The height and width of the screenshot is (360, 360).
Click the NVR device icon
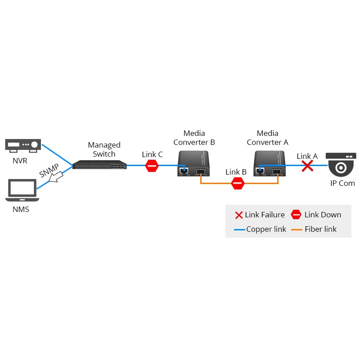[23, 145]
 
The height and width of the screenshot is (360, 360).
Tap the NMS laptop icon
[21, 190]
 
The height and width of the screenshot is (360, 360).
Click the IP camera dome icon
[342, 165]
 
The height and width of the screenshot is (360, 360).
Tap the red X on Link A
[307, 166]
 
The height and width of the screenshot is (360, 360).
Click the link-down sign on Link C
[152, 166]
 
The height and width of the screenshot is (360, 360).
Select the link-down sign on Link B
[237, 183]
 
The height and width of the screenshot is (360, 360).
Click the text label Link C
[152, 154]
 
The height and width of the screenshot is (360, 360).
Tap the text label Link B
[236, 172]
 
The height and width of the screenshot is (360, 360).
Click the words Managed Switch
[104, 149]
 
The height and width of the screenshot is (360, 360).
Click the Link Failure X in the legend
[239, 215]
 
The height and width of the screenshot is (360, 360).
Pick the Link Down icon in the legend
[296, 215]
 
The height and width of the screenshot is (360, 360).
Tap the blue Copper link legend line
[239, 229]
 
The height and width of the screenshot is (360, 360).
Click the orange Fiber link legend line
[297, 229]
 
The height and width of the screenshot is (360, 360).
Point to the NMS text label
[21, 209]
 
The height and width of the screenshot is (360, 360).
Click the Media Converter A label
[267, 138]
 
